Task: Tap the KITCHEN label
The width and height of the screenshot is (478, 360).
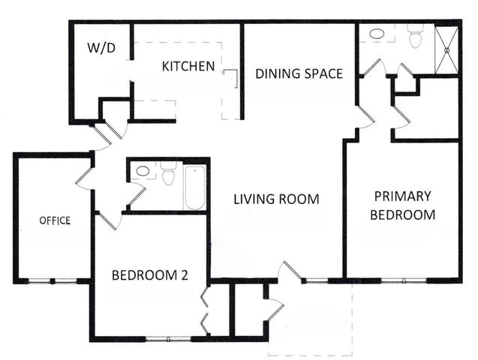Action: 188,66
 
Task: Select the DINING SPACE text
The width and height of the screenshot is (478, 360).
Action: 299,73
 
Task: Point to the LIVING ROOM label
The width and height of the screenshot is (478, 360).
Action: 276,199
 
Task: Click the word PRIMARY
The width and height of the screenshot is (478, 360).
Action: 404,196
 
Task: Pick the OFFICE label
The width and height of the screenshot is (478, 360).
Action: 55,220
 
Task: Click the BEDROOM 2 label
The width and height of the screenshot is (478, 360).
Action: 149,274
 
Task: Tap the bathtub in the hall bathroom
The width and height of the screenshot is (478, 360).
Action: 194,188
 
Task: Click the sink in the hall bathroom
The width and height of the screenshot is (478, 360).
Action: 143,171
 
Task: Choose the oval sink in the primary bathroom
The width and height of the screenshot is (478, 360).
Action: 377,34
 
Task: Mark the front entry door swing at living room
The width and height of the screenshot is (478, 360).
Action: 290,271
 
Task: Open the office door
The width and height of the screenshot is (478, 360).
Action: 84,177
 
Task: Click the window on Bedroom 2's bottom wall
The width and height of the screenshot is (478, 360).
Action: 163,340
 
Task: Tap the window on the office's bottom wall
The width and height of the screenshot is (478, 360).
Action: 53,281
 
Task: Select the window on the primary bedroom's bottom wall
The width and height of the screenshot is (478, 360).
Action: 403,281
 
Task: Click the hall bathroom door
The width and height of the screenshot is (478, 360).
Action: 136,196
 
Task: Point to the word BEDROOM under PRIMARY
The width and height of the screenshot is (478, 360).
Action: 405,214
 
